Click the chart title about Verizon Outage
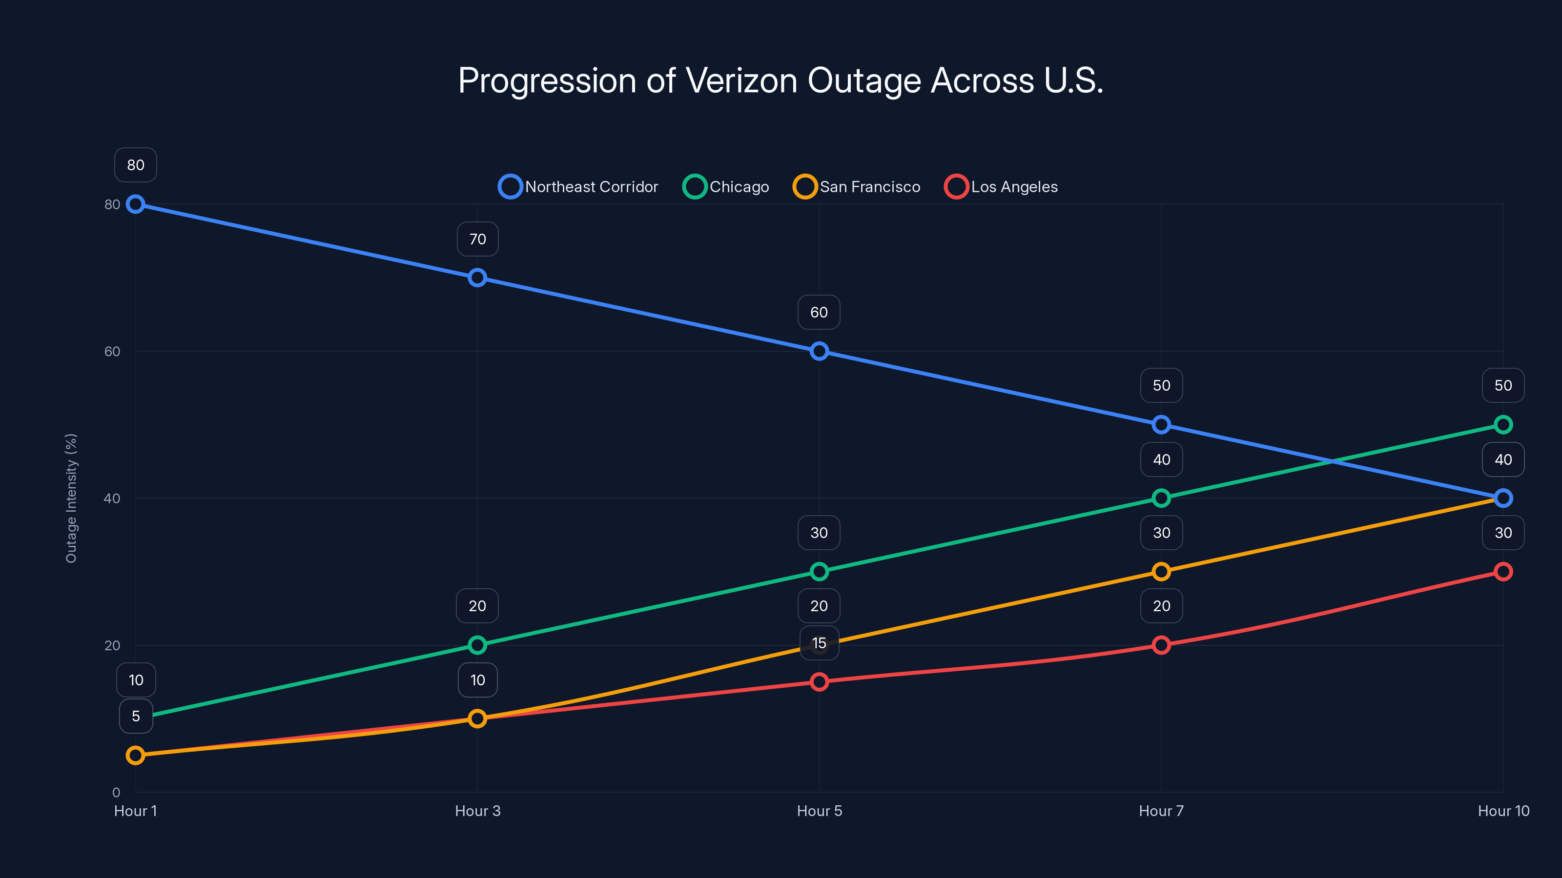781,80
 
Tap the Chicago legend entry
726,187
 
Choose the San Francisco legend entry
856,187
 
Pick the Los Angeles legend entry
1001,187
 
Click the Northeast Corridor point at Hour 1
135,204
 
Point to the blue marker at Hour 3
477,278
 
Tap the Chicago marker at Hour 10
1502,425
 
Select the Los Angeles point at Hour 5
819,682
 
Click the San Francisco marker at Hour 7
1161,571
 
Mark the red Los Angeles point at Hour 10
1502,571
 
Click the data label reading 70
477,239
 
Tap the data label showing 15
819,643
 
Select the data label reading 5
136,716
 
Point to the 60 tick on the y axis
112,351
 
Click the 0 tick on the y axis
116,792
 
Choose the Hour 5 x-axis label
819,811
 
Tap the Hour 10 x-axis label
1502,811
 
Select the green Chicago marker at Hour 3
477,645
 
